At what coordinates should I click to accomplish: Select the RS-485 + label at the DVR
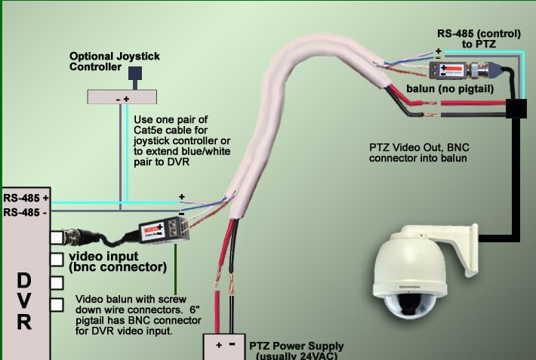(x=26, y=198)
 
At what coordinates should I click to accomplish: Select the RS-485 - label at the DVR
(x=26, y=212)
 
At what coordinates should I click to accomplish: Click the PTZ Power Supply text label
(x=294, y=349)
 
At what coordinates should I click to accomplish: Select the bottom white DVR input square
(x=57, y=305)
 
